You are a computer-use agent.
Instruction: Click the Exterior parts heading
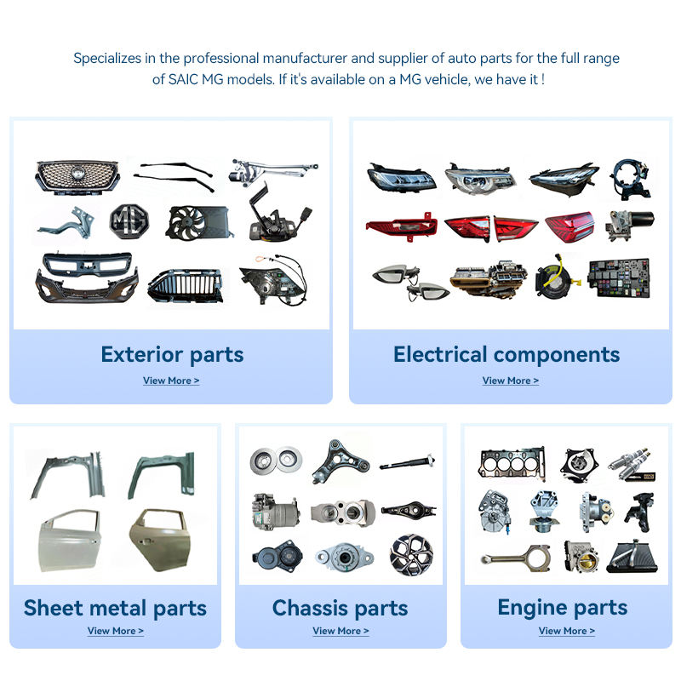tap(172, 354)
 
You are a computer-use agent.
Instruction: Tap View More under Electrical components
tap(510, 381)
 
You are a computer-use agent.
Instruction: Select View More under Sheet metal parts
tap(115, 631)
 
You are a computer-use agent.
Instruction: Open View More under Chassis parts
tap(340, 631)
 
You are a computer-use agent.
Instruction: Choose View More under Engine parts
tap(566, 631)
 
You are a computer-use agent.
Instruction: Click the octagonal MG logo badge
tap(128, 220)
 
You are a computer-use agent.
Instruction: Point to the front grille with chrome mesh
tap(77, 177)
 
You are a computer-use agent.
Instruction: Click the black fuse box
tap(624, 278)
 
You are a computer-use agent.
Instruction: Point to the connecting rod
tap(515, 558)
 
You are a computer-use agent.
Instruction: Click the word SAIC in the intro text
tap(175, 79)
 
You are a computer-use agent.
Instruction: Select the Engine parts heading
tap(562, 608)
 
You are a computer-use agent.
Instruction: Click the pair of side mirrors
tap(409, 281)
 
